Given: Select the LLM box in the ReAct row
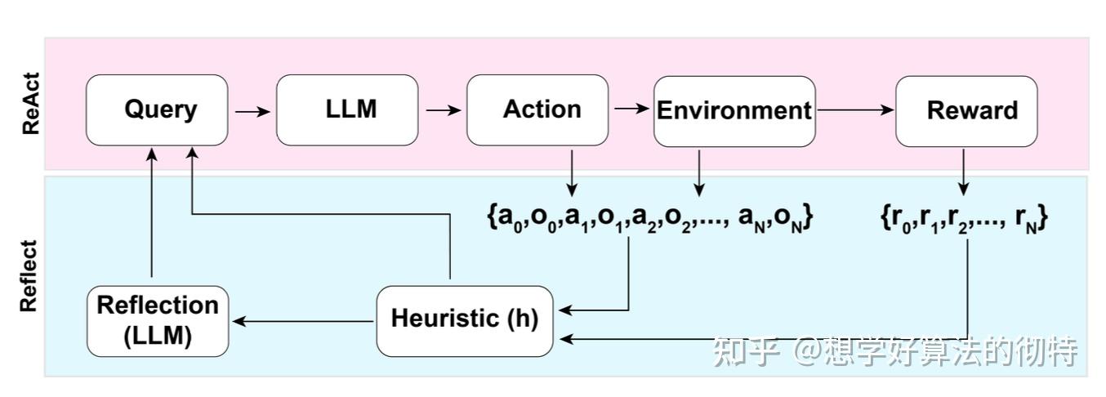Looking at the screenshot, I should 347,110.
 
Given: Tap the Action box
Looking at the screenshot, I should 537,110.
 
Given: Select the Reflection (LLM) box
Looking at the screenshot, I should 158,321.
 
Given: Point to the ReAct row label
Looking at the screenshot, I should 30,104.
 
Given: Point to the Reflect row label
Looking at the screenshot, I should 30,275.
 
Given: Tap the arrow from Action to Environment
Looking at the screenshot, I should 631,108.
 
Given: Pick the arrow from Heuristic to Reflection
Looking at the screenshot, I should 302,322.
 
